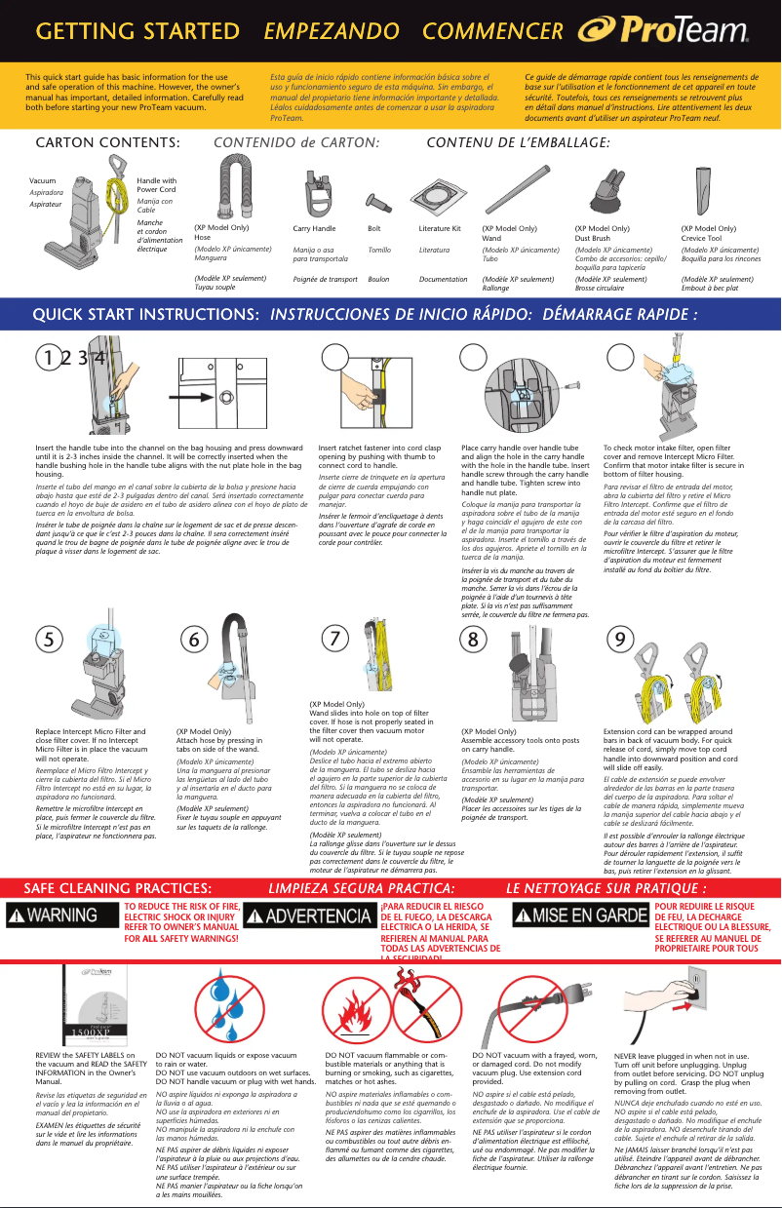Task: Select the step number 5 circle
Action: coord(47,639)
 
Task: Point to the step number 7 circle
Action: coord(334,639)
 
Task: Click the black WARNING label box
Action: coord(65,916)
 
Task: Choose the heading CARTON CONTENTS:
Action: coord(108,143)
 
